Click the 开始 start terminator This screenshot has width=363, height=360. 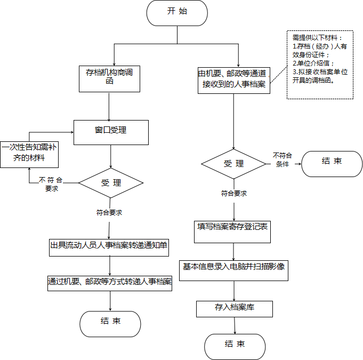click(177, 13)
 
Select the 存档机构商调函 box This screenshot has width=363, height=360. click(109, 79)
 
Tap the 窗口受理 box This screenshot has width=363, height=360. click(111, 132)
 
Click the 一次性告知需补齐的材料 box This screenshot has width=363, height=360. click(29, 155)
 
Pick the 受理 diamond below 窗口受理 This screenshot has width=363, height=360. click(111, 183)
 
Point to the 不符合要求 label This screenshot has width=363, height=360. click(51, 184)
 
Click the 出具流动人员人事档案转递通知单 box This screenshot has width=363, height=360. click(109, 247)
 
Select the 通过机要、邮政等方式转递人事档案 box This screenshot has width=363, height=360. click(110, 283)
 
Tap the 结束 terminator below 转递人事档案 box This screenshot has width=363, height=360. click(110, 324)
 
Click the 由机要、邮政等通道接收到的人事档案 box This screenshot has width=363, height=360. click(234, 81)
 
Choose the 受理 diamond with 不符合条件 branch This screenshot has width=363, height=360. click(233, 164)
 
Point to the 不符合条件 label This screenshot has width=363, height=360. click(282, 159)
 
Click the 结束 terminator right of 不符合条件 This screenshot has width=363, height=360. click(332, 164)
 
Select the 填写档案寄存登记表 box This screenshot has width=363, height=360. click(232, 232)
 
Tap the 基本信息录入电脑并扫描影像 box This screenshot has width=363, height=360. click(234, 270)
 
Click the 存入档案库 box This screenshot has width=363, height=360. click(235, 309)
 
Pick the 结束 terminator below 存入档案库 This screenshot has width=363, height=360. click(235, 347)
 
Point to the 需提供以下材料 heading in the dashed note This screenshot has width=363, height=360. click(315, 37)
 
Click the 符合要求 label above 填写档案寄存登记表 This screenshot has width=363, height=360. click(234, 193)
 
